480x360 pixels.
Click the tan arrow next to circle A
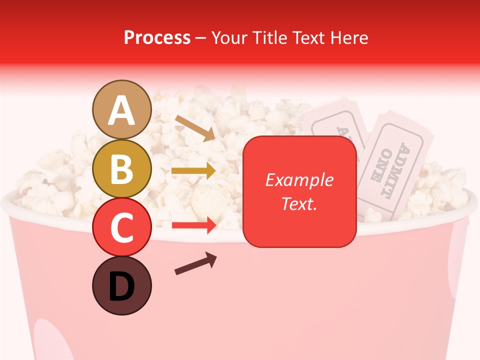click(195, 127)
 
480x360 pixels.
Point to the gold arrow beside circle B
click(193, 171)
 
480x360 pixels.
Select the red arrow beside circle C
click(193, 225)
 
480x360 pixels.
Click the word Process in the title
click(157, 38)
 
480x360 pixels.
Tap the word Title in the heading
click(268, 38)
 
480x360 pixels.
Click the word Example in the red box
click(299, 180)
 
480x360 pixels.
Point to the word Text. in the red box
click(299, 203)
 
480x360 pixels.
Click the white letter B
click(121, 169)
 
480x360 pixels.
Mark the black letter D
click(121, 287)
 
